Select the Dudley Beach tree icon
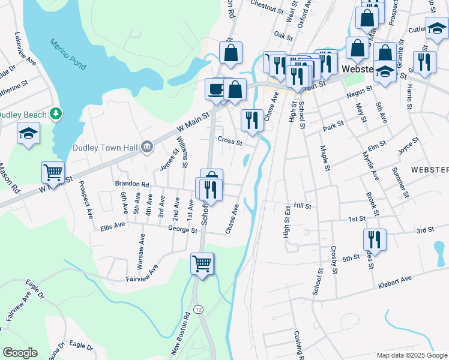coord(56,113)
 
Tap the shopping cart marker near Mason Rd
coord(53,172)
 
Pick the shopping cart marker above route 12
coord(202,263)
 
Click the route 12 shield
coord(199,308)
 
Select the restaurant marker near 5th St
coord(374,239)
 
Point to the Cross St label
coord(230,143)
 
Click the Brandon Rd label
coord(131,184)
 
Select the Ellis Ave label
coord(112,226)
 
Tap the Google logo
coord(20,353)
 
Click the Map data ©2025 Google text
coord(411,355)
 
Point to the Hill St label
coord(303,206)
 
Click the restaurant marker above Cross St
coord(252,120)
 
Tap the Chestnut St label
coord(267,9)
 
